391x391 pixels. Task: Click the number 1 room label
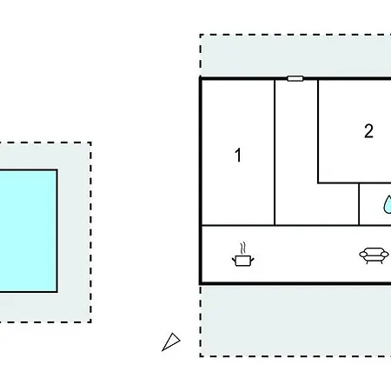pyautogui.click(x=238, y=155)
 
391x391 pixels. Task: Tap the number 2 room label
pyautogui.click(x=368, y=131)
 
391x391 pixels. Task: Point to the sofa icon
pyautogui.click(x=374, y=255)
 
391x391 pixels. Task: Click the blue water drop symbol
pyautogui.click(x=388, y=204)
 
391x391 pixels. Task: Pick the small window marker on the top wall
pyautogui.click(x=295, y=78)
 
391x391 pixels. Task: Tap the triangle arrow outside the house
pyautogui.click(x=171, y=341)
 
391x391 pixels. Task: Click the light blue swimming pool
pyautogui.click(x=28, y=231)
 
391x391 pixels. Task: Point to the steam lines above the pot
pyautogui.click(x=243, y=249)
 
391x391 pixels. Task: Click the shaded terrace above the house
pyautogui.click(x=295, y=56)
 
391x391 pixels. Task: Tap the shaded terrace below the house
pyautogui.click(x=295, y=321)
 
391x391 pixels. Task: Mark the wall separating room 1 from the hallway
pyautogui.click(x=275, y=152)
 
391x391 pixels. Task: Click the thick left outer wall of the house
pyautogui.click(x=201, y=181)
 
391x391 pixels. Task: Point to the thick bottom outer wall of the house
pyautogui.click(x=295, y=283)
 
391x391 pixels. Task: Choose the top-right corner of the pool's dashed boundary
pyautogui.click(x=91, y=142)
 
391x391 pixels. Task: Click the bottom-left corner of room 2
pyautogui.click(x=318, y=183)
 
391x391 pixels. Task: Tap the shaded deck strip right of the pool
pyautogui.click(x=74, y=232)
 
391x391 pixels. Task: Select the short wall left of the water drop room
pyautogui.click(x=359, y=204)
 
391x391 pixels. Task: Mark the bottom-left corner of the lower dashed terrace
pyautogui.click(x=201, y=356)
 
